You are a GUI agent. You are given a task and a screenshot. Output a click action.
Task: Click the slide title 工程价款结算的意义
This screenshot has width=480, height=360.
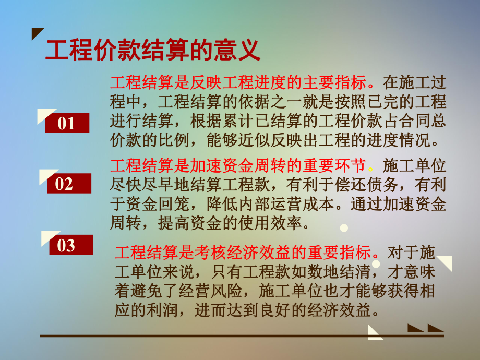(x=152, y=51)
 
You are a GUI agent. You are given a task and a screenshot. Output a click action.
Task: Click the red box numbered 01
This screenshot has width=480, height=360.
(x=67, y=123)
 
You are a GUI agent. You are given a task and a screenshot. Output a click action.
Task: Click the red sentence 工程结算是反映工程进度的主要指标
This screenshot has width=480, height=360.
(x=242, y=82)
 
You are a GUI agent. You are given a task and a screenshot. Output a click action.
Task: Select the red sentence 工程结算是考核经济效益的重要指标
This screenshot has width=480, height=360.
(x=246, y=253)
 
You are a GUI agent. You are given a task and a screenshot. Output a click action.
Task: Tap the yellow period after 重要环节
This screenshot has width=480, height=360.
(x=371, y=168)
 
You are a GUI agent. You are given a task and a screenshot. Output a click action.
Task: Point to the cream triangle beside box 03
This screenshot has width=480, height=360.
(x=48, y=237)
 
